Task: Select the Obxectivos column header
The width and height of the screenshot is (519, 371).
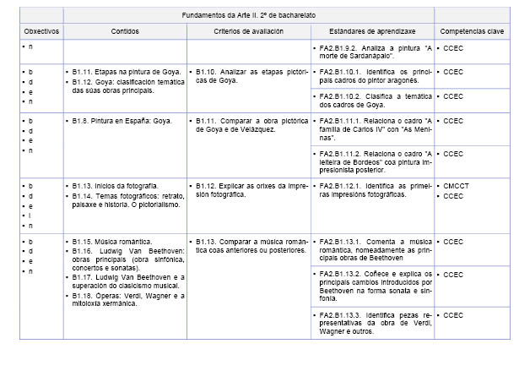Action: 41,30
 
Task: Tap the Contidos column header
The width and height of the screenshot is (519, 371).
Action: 125,30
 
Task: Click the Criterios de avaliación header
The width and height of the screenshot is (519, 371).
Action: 248,30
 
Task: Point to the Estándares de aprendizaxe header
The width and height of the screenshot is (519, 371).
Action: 372,30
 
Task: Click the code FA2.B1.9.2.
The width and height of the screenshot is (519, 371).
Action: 339,47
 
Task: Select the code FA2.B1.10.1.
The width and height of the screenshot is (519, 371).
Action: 342,73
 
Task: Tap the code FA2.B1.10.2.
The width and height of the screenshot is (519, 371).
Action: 342,96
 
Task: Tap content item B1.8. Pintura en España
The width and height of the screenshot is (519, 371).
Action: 121,121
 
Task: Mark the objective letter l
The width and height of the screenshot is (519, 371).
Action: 30,216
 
